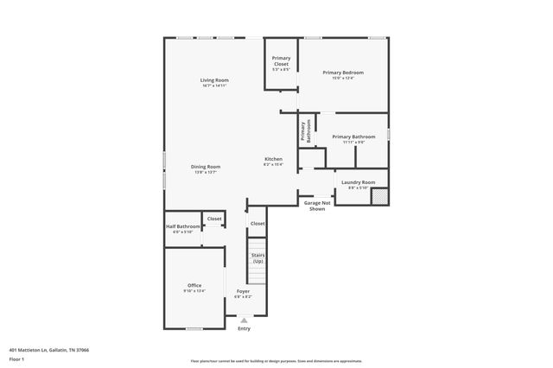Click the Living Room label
[x=215, y=80]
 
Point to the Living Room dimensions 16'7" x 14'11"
[x=215, y=86]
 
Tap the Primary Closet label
[x=281, y=60]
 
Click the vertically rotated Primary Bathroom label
[x=305, y=130]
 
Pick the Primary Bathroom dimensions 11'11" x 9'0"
[x=353, y=142]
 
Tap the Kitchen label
[x=273, y=159]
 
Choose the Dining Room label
[x=206, y=166]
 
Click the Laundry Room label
[x=358, y=182]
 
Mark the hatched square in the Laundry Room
[x=378, y=196]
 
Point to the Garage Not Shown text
[x=317, y=206]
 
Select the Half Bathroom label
[x=182, y=226]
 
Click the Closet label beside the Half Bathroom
[x=214, y=219]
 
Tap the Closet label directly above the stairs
[x=257, y=224]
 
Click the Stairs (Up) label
[x=257, y=257]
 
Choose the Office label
[x=194, y=285]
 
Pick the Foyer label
[x=244, y=291]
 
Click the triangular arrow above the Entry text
[x=244, y=320]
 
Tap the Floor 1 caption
[x=16, y=358]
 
